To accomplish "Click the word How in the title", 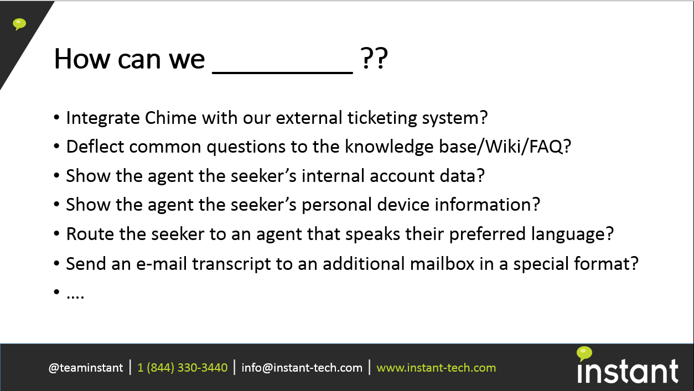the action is pos(82,59).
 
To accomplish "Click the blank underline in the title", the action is pos(283,72).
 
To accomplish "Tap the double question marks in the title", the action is pos(374,58).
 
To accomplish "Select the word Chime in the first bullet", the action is pos(170,118).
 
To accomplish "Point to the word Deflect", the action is pos(95,147).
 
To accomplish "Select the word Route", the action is pos(90,234).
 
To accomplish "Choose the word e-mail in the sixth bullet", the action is pos(162,264).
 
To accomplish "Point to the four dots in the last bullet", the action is pos(75,297).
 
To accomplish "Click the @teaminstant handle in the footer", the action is pos(86,368).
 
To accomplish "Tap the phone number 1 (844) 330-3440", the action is pos(183,368).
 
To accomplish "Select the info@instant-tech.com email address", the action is pos(302,368).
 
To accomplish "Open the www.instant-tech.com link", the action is pos(436,368).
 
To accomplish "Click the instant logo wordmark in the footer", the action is pos(628,371).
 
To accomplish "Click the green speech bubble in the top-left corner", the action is pos(19,24).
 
